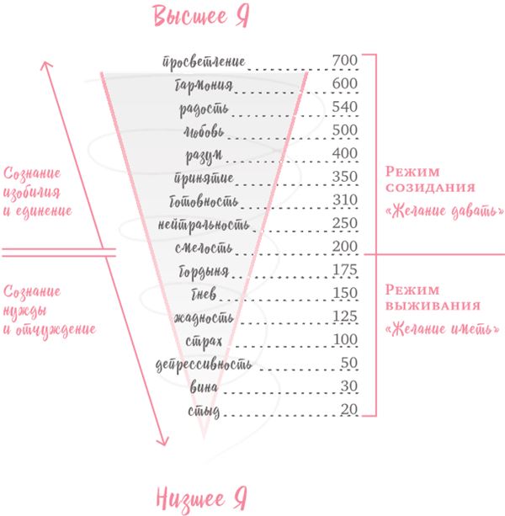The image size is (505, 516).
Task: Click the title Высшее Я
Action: [x=201, y=16]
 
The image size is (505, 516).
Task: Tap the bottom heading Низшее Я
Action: [x=201, y=499]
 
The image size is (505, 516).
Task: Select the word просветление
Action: [x=204, y=61]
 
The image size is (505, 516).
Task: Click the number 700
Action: [x=345, y=61]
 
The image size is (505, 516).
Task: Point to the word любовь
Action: [x=204, y=131]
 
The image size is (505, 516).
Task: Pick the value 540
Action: [x=345, y=107]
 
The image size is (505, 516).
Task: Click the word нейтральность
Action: [x=204, y=225]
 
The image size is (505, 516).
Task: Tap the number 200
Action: [x=345, y=247]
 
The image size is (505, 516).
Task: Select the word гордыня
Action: [x=204, y=272]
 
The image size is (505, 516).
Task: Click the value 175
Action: [x=345, y=270]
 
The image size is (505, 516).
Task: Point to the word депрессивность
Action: [x=204, y=364]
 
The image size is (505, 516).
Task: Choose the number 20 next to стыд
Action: [x=349, y=409]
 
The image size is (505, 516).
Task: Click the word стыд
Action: [x=204, y=412]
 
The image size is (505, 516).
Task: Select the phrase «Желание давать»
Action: [x=444, y=211]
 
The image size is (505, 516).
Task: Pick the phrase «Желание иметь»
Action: [x=442, y=329]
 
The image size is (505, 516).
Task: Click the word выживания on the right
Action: [x=433, y=306]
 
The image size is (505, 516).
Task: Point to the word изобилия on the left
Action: [x=32, y=192]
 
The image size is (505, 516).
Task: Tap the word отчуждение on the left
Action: [x=56, y=329]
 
